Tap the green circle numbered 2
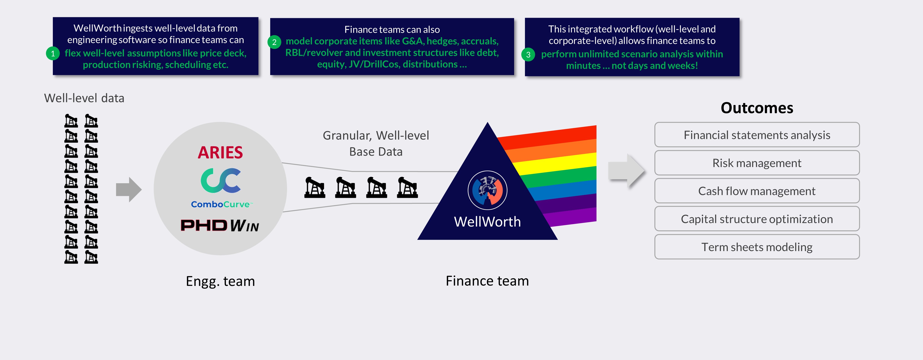(x=274, y=42)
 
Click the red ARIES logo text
(x=220, y=153)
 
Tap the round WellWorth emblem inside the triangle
(x=487, y=190)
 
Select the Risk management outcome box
(x=757, y=163)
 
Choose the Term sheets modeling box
(x=757, y=247)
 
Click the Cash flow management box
(x=757, y=191)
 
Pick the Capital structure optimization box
(x=757, y=219)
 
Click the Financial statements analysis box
(x=757, y=135)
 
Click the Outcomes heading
(x=757, y=108)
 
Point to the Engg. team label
(x=220, y=281)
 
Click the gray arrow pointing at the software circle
(x=129, y=189)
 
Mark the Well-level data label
(x=84, y=98)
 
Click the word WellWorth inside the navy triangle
(x=487, y=222)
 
